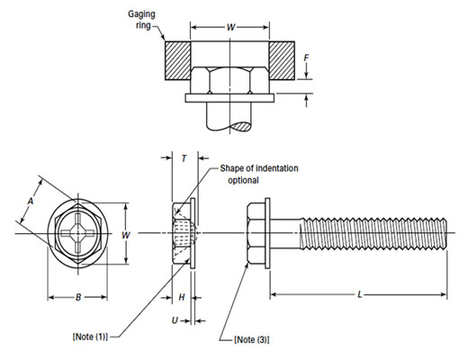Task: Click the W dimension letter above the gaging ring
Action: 231,28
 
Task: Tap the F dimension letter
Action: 308,63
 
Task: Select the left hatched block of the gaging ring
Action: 178,63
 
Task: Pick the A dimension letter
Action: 30,202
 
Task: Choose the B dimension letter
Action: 78,296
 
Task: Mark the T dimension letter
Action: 184,158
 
